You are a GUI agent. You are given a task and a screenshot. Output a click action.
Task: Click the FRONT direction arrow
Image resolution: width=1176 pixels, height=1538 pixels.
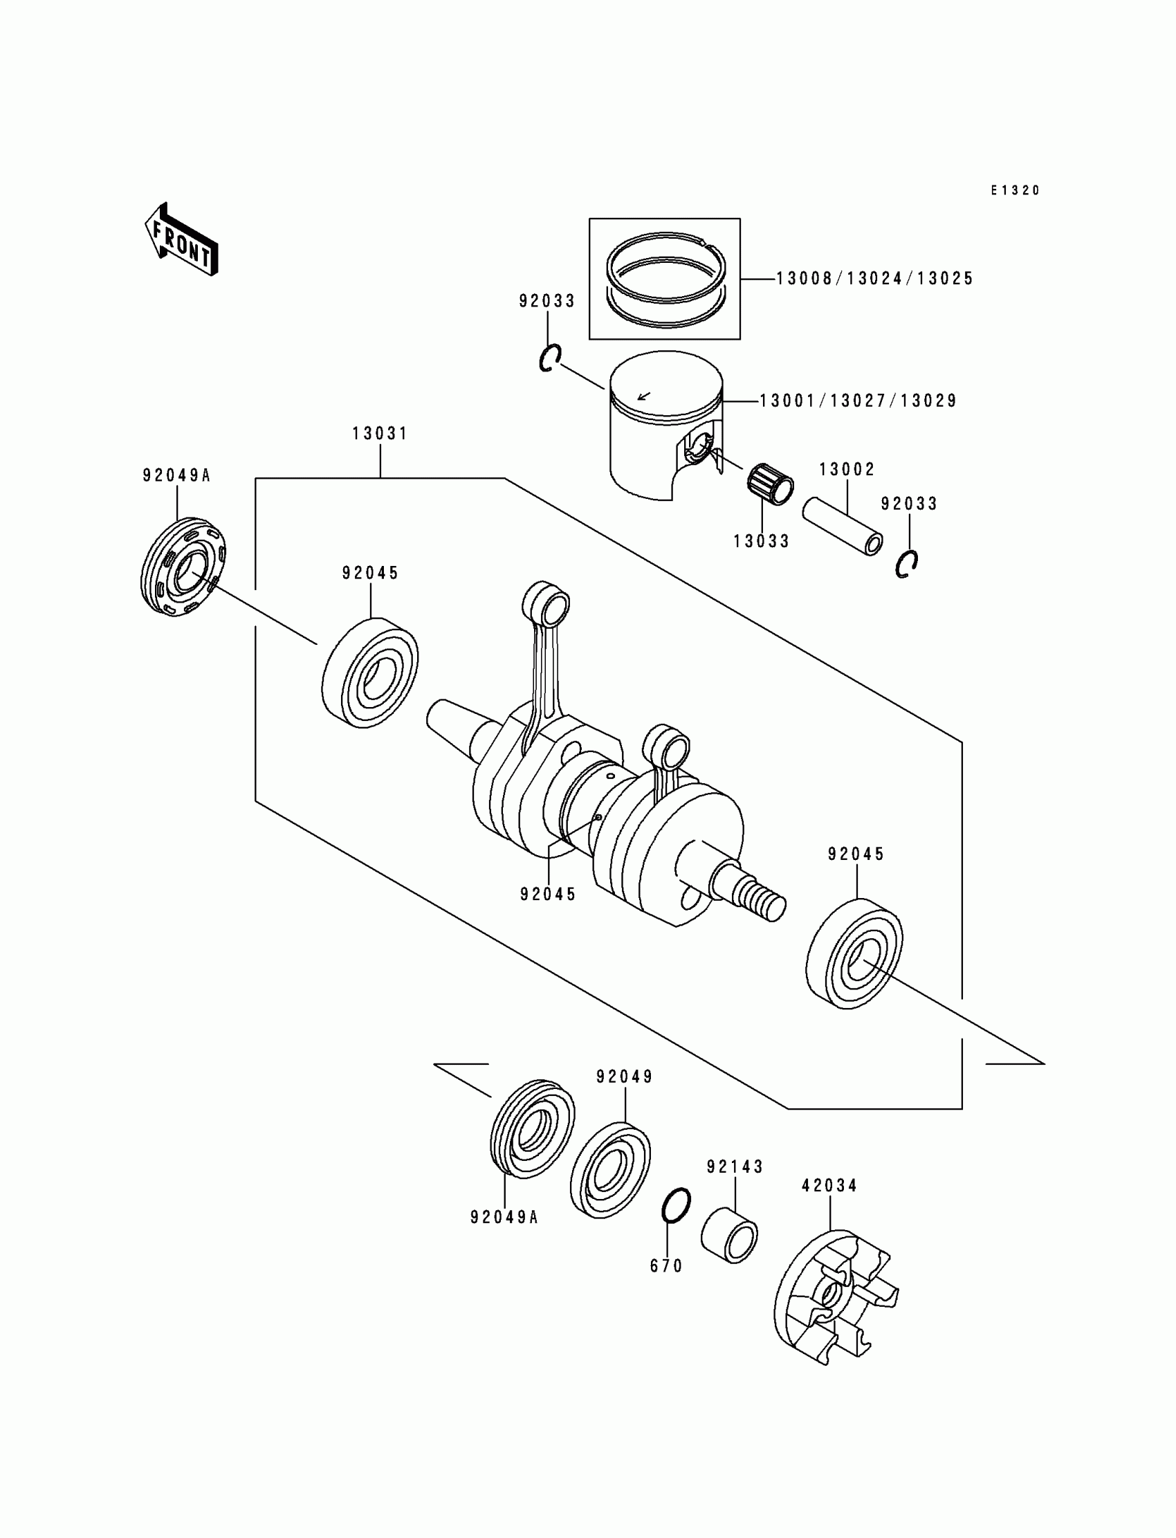(x=181, y=239)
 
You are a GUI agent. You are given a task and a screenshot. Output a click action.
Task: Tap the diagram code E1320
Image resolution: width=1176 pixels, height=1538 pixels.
(x=1015, y=190)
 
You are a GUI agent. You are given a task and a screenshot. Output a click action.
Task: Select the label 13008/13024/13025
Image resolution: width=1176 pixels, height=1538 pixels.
(x=875, y=279)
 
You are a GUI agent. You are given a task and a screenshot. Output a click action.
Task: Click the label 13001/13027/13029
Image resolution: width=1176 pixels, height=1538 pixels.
(x=858, y=401)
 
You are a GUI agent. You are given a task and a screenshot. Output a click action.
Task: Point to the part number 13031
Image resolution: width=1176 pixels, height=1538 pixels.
(x=379, y=434)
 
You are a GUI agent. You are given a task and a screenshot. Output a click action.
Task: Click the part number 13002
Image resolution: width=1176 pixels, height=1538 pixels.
(x=847, y=469)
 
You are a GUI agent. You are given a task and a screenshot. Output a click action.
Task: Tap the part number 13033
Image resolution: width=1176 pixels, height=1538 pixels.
(x=762, y=541)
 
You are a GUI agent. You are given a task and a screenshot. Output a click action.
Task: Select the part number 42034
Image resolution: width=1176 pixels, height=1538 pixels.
(x=829, y=1186)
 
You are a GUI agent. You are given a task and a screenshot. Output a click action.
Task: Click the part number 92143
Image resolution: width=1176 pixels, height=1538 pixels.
(x=735, y=1167)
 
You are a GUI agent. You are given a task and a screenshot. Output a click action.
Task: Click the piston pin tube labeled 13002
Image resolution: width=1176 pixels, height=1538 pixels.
(x=842, y=525)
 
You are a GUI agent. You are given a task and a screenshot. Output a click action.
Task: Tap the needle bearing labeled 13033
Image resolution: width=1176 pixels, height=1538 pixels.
(x=770, y=483)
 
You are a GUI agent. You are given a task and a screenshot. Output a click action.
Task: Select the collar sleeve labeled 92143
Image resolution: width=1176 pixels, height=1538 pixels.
(x=729, y=1236)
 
